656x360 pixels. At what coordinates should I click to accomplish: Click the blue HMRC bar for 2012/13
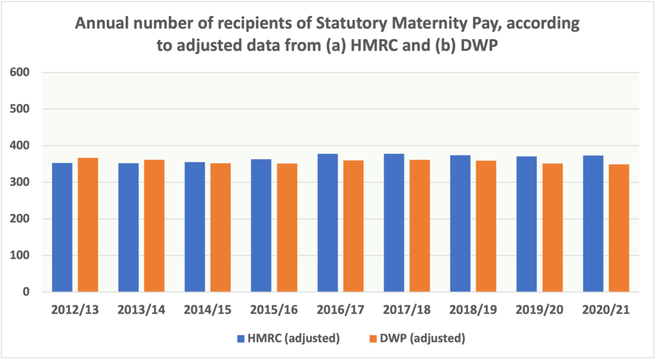[62, 227]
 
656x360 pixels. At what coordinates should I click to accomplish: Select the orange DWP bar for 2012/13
[88, 225]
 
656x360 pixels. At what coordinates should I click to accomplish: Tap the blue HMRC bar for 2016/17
[327, 223]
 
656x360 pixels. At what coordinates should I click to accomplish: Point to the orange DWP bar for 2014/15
[220, 227]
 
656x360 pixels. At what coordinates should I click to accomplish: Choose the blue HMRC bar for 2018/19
[460, 223]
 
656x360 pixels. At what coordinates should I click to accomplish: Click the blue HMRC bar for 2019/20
[526, 224]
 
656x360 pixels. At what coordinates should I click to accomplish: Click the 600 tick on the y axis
[21, 72]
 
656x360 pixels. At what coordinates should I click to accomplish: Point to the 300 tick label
[21, 182]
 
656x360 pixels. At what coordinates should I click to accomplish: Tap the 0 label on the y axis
[27, 292]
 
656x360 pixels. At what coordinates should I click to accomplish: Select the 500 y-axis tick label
[21, 108]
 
